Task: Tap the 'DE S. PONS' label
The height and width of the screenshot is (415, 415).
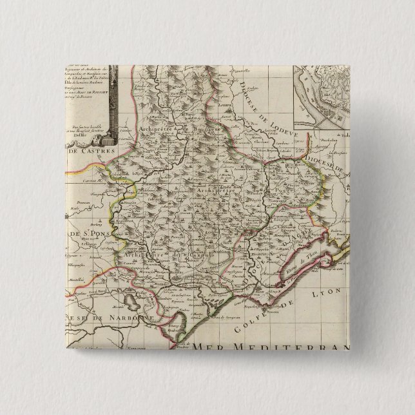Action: [x=84, y=233]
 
